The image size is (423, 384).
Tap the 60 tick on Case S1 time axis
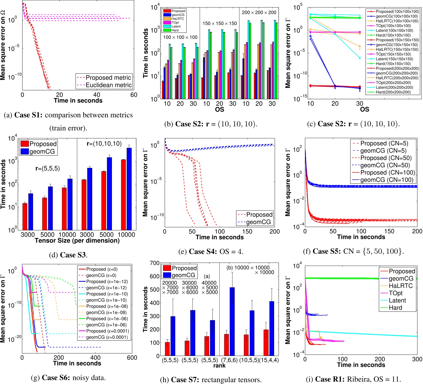pyautogui.click(x=134, y=95)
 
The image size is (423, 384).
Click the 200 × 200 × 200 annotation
pyautogui.click(x=259, y=13)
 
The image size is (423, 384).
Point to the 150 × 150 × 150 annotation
pyautogui.click(x=219, y=24)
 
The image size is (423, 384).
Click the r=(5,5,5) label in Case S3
pyautogui.click(x=47, y=168)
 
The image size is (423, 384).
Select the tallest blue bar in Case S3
pyautogui.click(x=129, y=189)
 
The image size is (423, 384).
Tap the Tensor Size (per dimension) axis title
pyautogui.click(x=77, y=241)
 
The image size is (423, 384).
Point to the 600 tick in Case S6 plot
pyautogui.click(x=132, y=358)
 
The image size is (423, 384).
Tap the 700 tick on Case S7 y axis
pyautogui.click(x=154, y=263)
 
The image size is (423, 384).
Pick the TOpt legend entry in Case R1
pyautogui.click(x=396, y=293)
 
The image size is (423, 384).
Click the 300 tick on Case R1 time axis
pyautogui.click(x=417, y=359)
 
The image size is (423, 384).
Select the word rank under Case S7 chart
pyautogui.click(x=219, y=366)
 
